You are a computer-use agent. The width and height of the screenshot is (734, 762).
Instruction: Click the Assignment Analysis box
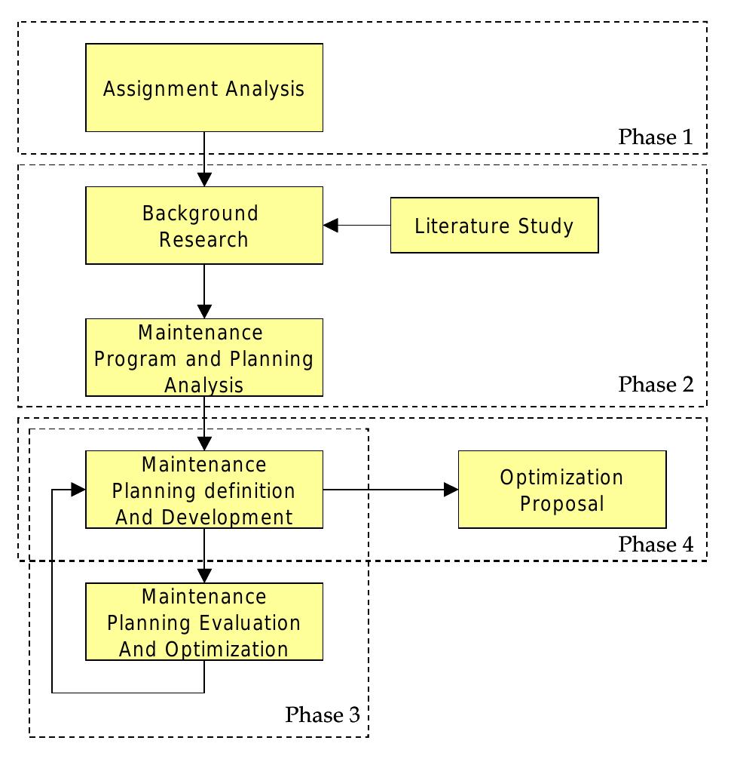(204, 88)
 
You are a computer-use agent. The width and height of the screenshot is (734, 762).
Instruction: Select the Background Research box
(204, 226)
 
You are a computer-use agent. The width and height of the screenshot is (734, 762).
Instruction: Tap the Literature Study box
(494, 225)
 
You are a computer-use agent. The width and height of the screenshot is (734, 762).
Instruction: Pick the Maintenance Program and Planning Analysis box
(204, 358)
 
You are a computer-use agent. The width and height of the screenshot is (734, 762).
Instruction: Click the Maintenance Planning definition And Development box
(204, 490)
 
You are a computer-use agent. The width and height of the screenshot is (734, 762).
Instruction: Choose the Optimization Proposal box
(561, 490)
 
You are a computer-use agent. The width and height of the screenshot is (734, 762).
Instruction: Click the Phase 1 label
(655, 137)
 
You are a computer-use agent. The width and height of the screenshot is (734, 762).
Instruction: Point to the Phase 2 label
(655, 385)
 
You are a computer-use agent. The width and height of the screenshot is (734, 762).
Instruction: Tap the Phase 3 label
(322, 714)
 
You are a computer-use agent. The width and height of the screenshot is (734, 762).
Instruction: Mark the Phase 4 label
(655, 544)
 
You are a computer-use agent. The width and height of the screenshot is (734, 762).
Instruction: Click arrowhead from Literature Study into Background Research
(332, 225)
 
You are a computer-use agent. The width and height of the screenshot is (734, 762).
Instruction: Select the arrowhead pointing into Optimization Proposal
(451, 490)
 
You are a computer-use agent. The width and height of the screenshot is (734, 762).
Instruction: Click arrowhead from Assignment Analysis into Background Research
(204, 180)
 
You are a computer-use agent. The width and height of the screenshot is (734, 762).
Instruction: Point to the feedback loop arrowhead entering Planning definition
(78, 490)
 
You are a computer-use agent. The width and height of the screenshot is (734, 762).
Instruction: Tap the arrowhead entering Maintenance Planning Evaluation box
(204, 576)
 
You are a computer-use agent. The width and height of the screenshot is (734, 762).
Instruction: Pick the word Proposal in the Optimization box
(562, 503)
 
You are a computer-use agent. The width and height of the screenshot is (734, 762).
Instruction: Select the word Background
(200, 213)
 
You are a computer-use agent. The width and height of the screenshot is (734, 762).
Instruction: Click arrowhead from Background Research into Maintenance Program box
(204, 311)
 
